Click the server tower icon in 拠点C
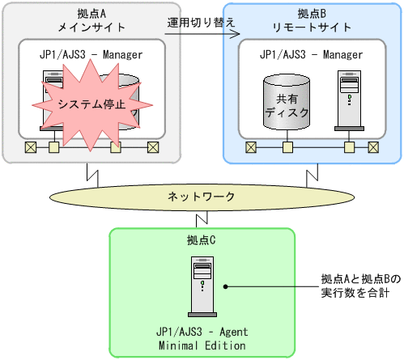coord(202,285)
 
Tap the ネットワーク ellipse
coord(202,197)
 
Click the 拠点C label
coord(202,241)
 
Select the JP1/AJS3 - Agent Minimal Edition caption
coord(202,338)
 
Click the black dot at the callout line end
coord(228,286)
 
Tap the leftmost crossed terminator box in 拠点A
coord(30,147)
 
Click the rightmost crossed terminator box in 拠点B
coord(373,147)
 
